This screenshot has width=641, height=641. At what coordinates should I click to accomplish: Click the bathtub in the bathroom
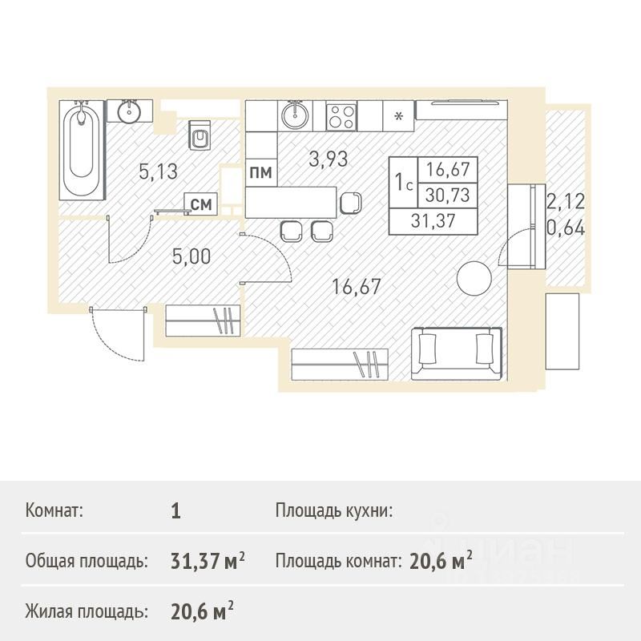[x=82, y=150]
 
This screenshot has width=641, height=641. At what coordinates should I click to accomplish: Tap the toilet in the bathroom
[x=199, y=135]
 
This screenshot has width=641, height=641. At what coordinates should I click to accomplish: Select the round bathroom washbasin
[x=130, y=111]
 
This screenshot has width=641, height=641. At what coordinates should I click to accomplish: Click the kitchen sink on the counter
[x=295, y=115]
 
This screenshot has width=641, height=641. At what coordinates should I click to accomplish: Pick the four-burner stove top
[x=341, y=116]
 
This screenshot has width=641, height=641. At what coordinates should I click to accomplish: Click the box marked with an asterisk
[x=398, y=116]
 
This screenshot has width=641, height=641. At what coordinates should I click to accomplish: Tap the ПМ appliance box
[x=261, y=172]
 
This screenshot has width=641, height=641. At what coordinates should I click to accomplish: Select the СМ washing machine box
[x=201, y=204]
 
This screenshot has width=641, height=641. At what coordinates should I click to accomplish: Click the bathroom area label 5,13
[x=158, y=171]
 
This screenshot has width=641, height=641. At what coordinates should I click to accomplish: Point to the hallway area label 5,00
[x=191, y=256]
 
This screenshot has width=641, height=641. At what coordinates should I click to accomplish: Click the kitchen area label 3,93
[x=329, y=159]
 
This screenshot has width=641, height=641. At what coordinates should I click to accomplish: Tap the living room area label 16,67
[x=357, y=287]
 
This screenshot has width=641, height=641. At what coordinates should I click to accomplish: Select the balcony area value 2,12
[x=566, y=202]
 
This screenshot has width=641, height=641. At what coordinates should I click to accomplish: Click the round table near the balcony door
[x=474, y=278]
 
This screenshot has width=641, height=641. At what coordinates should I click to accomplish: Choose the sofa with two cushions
[x=456, y=353]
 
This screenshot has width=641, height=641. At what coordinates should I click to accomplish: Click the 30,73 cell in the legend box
[x=447, y=196]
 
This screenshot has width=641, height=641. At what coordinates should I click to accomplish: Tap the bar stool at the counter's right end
[x=351, y=203]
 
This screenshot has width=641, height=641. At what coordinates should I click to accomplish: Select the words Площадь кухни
[x=333, y=510]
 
